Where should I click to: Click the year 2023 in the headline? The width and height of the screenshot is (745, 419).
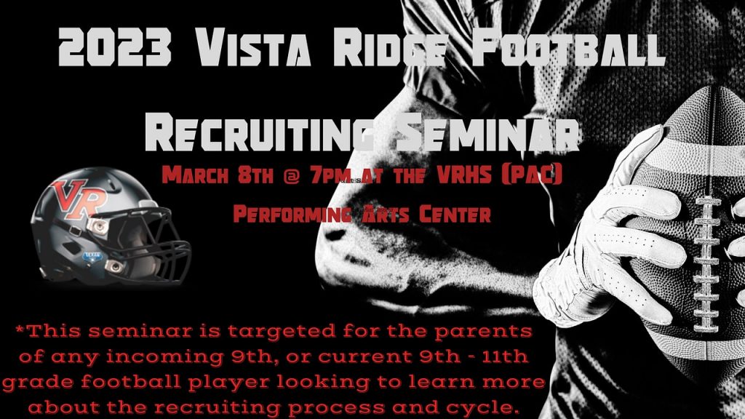pyautogui.click(x=114, y=47)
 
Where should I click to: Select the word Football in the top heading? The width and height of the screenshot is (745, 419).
pyautogui.click(x=568, y=47)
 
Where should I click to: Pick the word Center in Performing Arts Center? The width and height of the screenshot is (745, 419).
pyautogui.click(x=455, y=215)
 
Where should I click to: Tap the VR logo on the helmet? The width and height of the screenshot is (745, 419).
pyautogui.click(x=79, y=199)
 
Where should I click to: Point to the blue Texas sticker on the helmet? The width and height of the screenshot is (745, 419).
pyautogui.click(x=92, y=257)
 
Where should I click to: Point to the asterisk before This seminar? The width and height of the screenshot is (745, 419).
pyautogui.click(x=20, y=329)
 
